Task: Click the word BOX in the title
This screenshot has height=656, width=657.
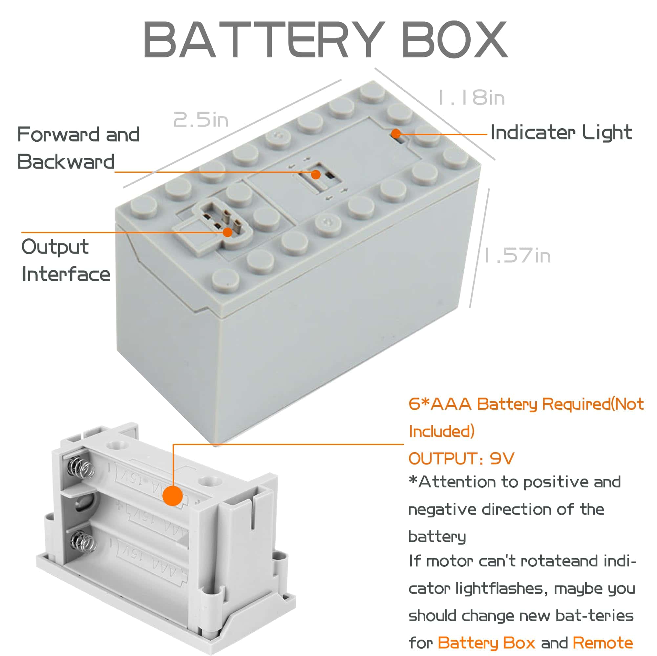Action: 454,40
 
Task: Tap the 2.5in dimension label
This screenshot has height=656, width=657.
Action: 201,120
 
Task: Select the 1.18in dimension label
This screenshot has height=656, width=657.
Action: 471,97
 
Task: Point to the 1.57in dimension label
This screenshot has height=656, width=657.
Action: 517,256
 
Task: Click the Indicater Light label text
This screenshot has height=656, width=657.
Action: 561,132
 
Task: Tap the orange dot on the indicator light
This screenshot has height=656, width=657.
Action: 395,133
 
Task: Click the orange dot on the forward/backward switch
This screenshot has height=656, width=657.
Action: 316,174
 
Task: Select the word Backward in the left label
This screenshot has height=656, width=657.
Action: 66,162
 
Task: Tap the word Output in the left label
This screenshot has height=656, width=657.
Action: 55,247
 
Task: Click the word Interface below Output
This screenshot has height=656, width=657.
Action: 66,274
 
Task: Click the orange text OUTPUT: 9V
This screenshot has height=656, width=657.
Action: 461,459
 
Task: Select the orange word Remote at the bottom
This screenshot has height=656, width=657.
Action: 603,643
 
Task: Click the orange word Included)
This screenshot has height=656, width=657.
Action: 441,431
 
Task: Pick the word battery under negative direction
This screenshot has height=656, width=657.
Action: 437,537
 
